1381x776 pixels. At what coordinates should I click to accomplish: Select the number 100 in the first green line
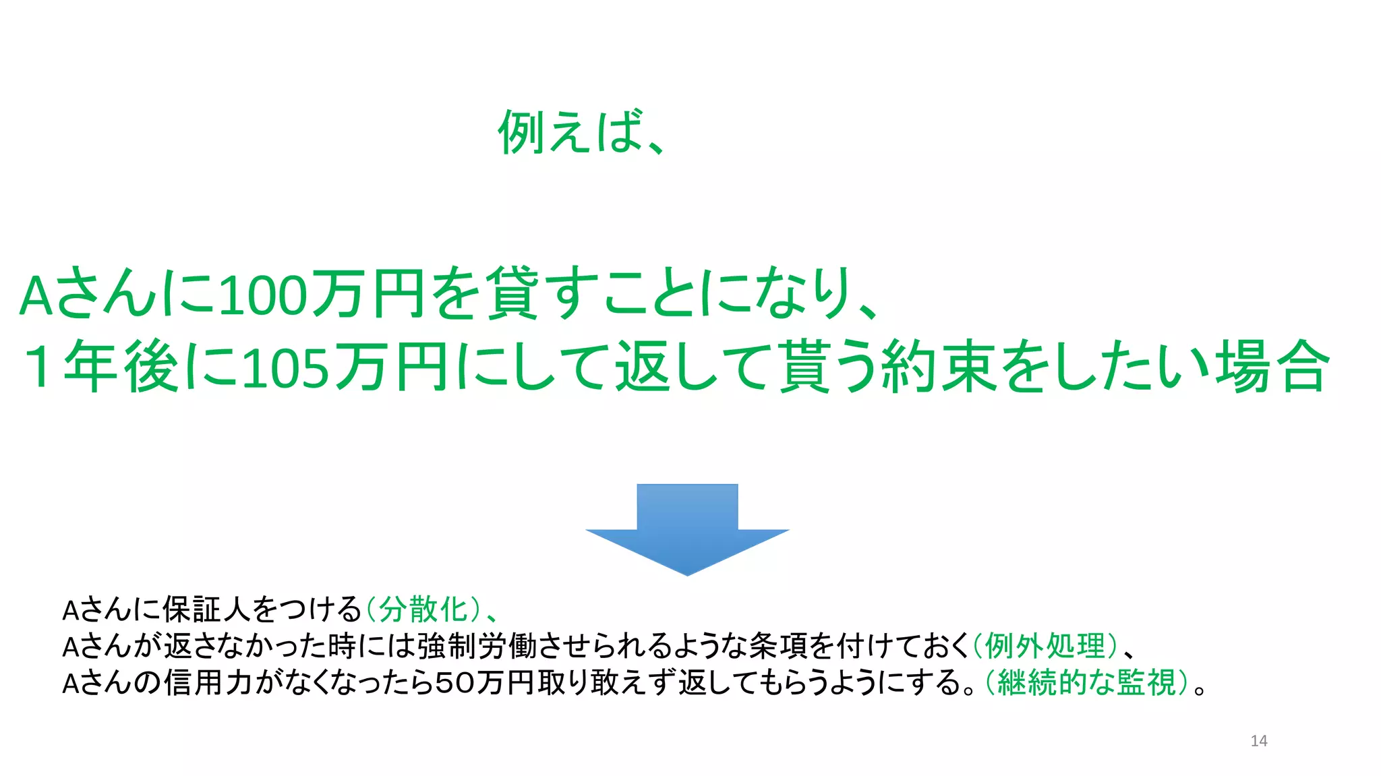(x=263, y=295)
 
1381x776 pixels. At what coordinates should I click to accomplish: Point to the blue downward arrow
(x=687, y=529)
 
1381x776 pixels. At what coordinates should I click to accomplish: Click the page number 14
(x=1258, y=741)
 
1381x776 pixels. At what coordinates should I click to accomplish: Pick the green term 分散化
(x=423, y=609)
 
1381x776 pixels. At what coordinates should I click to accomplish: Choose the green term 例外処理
(x=1045, y=646)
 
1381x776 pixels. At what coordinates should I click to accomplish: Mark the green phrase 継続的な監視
(x=1087, y=682)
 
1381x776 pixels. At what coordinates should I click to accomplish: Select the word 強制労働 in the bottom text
(x=477, y=646)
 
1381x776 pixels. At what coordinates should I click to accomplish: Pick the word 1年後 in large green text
(x=101, y=367)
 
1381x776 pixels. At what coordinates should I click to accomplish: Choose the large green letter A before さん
(x=36, y=295)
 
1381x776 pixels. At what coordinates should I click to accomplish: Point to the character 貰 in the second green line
(x=805, y=367)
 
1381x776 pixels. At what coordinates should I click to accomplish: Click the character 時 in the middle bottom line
(x=342, y=646)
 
